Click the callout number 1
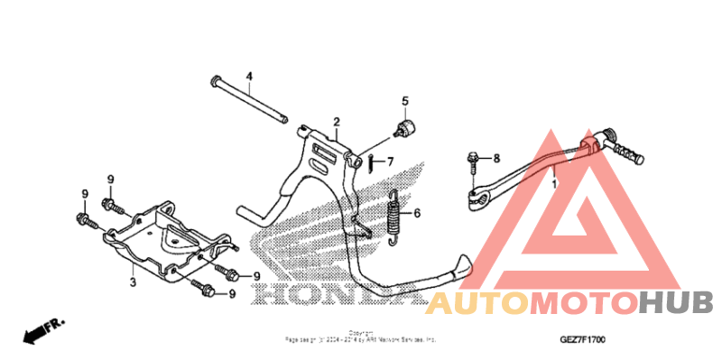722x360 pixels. (x=554, y=183)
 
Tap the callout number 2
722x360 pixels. (x=336, y=122)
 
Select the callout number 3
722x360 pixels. (x=132, y=283)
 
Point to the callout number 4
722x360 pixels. (x=250, y=75)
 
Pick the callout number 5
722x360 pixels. (x=405, y=101)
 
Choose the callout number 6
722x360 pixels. (x=417, y=214)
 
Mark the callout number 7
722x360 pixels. (x=391, y=162)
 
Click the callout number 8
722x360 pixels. (x=495, y=159)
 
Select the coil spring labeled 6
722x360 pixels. (x=393, y=218)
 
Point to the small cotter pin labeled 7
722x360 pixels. (x=371, y=162)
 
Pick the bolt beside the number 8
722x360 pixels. (x=473, y=163)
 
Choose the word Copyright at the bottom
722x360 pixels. (x=360, y=332)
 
